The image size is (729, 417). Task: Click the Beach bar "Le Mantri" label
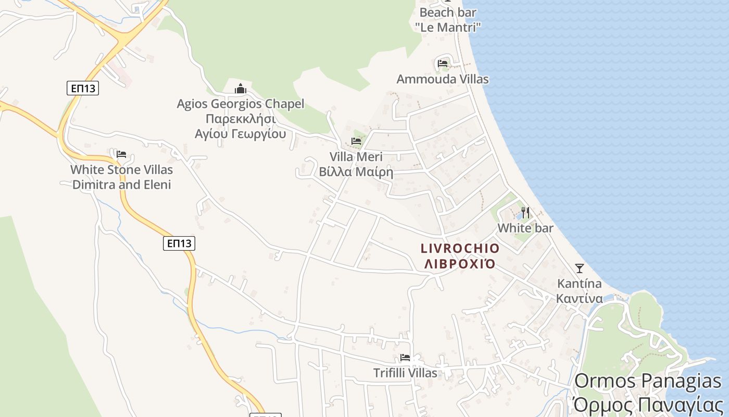tap(447, 19)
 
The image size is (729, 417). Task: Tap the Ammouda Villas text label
tap(443, 79)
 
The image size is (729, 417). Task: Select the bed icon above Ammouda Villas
tap(443, 64)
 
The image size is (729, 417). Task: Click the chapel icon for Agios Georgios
tap(240, 89)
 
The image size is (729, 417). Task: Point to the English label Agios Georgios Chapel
tap(240, 104)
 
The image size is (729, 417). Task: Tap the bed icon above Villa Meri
tap(356, 141)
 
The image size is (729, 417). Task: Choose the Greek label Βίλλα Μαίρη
tap(356, 171)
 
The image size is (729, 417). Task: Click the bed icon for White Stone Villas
tap(121, 154)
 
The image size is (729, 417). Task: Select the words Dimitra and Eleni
tap(121, 185)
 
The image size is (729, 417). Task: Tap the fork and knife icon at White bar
tap(525, 213)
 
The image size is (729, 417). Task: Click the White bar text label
tap(525, 228)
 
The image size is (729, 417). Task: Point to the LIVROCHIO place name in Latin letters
tap(460, 249)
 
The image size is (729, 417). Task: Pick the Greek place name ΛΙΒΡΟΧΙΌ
tap(460, 264)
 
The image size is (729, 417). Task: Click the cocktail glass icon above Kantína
tap(579, 268)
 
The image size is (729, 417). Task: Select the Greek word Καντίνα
tap(579, 299)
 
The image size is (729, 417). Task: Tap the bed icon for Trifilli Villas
tap(405, 358)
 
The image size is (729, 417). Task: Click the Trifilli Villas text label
tap(405, 373)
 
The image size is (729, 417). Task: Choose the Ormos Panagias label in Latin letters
tap(648, 381)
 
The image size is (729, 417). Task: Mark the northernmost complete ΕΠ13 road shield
tap(83, 88)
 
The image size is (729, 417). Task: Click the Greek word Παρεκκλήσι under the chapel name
tap(240, 118)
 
